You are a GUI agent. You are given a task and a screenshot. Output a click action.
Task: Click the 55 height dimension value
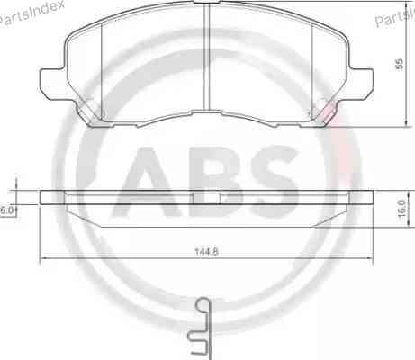398,64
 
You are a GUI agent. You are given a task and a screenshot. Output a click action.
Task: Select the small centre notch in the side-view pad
208,197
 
